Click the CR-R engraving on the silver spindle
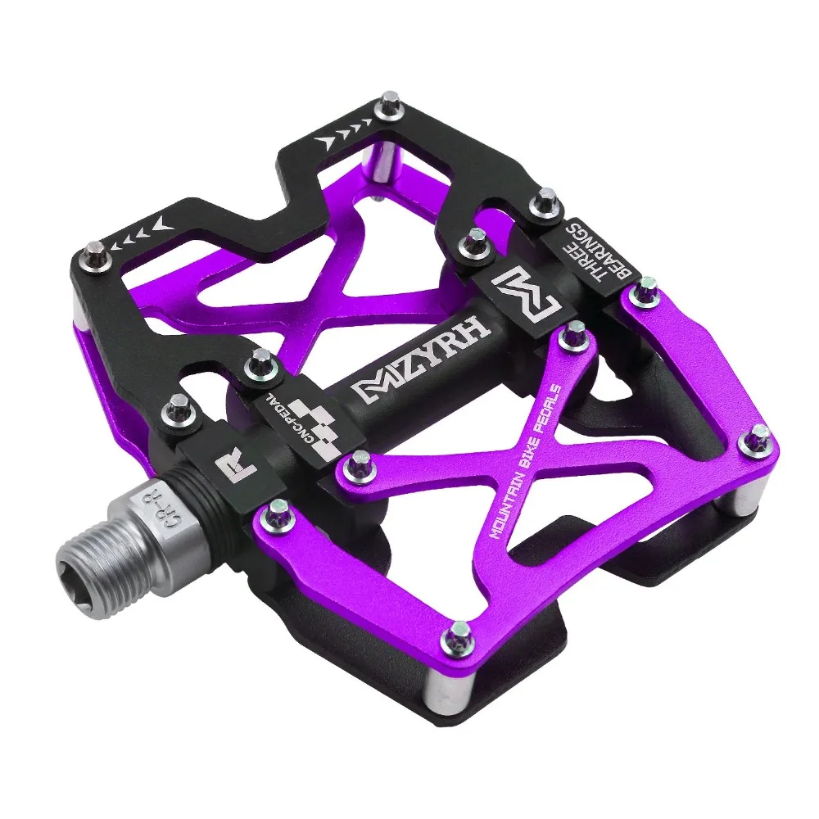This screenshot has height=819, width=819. [168, 509]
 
